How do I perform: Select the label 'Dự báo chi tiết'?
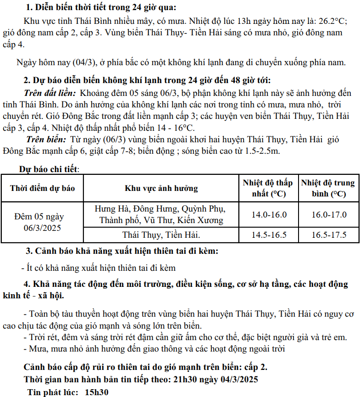pyautogui.click(x=49, y=169)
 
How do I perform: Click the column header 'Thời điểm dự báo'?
pyautogui.click(x=42, y=188)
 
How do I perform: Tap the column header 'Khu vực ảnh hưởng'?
pyautogui.click(x=161, y=188)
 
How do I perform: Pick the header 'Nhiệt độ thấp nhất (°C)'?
pyautogui.click(x=268, y=188)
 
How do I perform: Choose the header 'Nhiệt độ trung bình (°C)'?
pyautogui.click(x=328, y=188)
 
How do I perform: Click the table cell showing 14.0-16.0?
pyautogui.click(x=269, y=214)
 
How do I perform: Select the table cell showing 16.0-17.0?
pyautogui.click(x=329, y=214)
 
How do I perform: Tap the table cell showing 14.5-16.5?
pyautogui.click(x=269, y=235)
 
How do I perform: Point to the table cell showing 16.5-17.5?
pyautogui.click(x=329, y=235)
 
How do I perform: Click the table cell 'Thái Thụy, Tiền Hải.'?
pyautogui.click(x=161, y=235)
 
